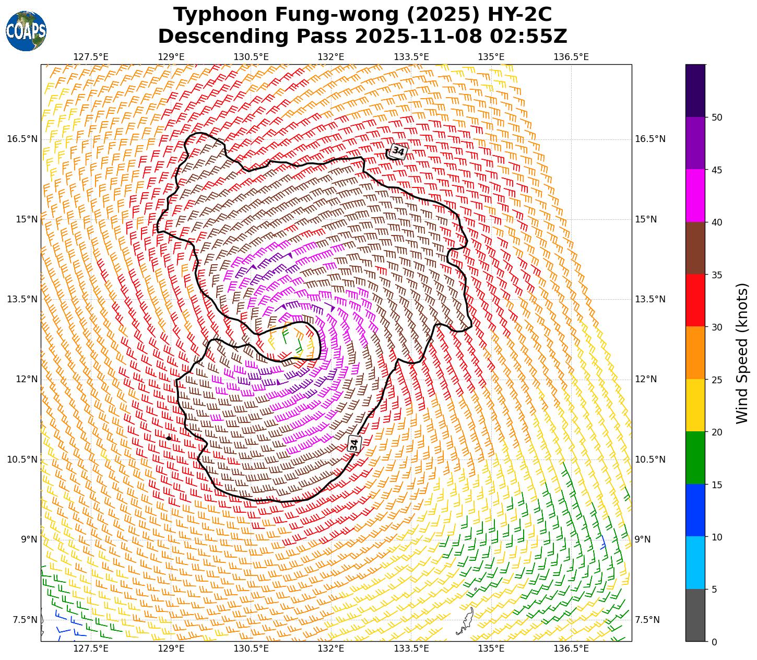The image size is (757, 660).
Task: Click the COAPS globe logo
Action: coord(26,31)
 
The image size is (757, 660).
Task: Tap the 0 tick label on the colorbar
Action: coord(714,642)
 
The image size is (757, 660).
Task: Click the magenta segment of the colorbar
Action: coord(695,196)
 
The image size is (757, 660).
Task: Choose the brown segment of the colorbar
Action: coord(695,249)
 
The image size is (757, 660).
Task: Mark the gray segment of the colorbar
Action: coord(695,615)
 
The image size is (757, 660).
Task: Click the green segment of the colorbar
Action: coord(695,458)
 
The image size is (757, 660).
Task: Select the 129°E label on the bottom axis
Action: coord(171,649)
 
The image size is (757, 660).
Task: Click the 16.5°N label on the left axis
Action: coord(22,139)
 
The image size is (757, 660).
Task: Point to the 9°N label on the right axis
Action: coord(643,539)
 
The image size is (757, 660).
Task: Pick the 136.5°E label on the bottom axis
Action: coord(571,649)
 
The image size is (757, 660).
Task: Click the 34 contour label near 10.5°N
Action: coord(354,444)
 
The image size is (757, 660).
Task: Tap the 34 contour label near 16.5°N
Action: coord(398,151)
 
